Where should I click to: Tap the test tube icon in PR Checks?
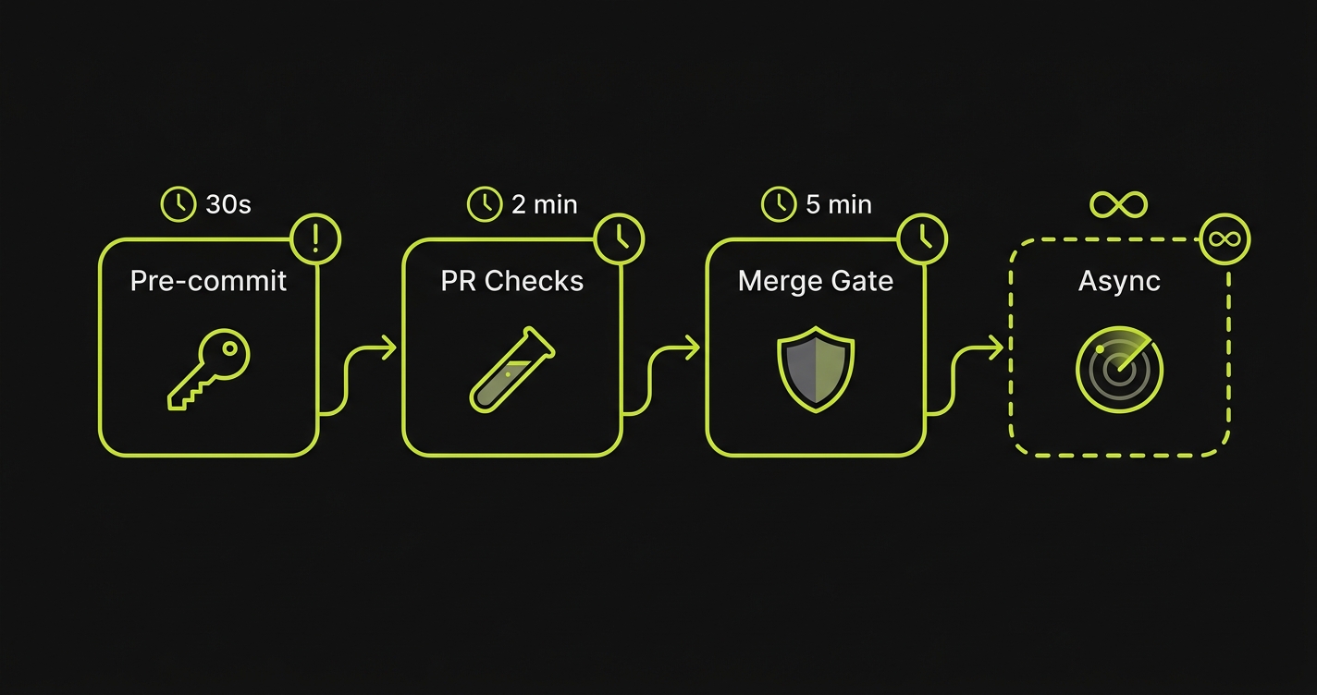[x=511, y=369]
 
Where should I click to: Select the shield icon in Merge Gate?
[x=816, y=370]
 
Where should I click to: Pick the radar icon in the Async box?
[x=1119, y=370]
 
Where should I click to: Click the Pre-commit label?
[x=209, y=281]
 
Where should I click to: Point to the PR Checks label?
[x=512, y=281]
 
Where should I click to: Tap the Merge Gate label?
[x=816, y=281]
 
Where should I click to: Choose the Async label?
[x=1119, y=281]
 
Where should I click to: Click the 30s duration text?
[x=228, y=204]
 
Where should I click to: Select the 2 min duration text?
[x=545, y=204]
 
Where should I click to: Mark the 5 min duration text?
[x=839, y=204]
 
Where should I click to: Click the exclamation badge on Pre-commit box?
[x=315, y=239]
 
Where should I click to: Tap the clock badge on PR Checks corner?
[x=619, y=239]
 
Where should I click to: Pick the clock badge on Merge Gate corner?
[x=922, y=239]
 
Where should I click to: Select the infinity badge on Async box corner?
[x=1225, y=239]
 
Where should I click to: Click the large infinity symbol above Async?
[x=1119, y=204]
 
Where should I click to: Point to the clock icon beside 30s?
[x=178, y=204]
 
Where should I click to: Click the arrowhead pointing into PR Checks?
[x=389, y=348]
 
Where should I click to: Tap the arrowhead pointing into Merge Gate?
[x=693, y=348]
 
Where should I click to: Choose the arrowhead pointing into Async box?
[x=996, y=348]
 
